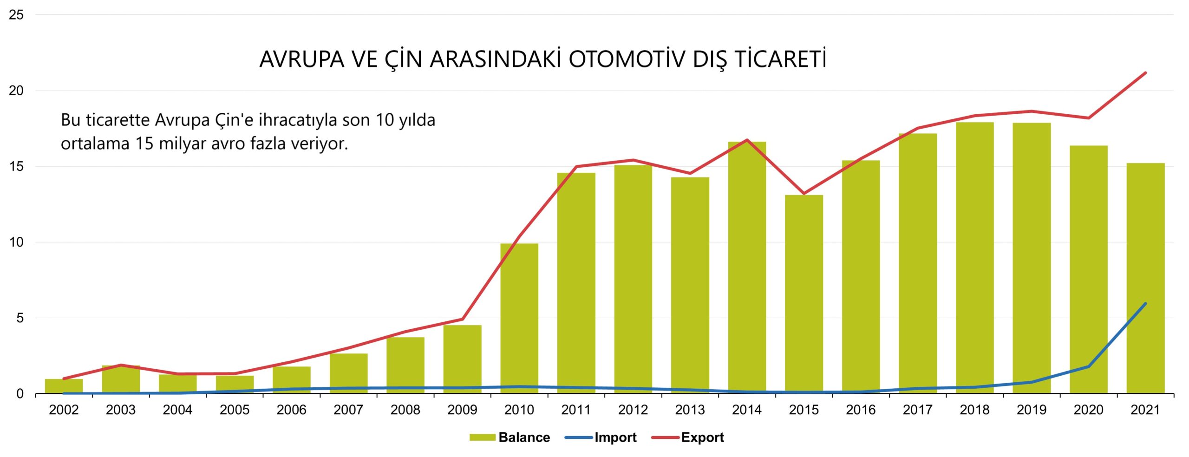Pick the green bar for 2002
[64, 386]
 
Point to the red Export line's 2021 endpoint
[1145, 73]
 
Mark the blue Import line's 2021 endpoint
[1145, 304]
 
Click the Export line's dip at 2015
[804, 193]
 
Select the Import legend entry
[615, 437]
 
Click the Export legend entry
[702, 437]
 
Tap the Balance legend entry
[523, 437]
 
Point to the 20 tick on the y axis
[16, 91]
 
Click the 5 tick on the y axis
[20, 318]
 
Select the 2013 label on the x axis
[690, 410]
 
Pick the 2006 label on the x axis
[291, 410]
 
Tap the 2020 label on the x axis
[1088, 410]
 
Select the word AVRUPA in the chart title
[302, 59]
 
